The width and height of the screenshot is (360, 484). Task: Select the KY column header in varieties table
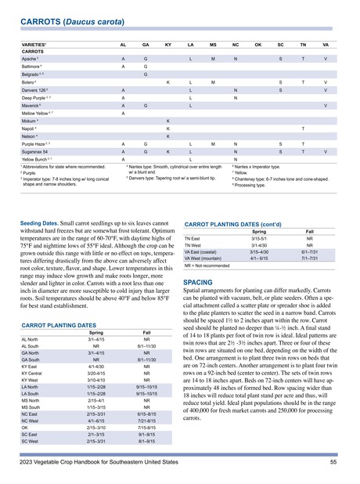[168, 46]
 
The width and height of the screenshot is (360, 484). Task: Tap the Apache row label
[30, 60]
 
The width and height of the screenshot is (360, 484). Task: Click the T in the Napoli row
[303, 129]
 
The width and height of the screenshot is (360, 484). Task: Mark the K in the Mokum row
[168, 121]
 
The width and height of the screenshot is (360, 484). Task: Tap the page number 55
[334, 464]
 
